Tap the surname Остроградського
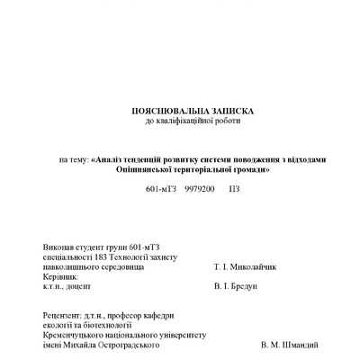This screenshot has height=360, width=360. coord(125,345)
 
